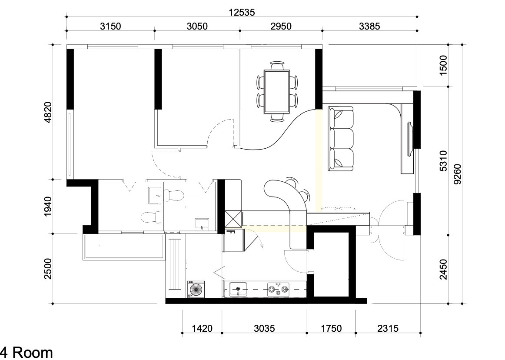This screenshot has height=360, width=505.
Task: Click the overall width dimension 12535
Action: (x=242, y=12)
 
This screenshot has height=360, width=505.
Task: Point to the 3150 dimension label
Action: (x=110, y=26)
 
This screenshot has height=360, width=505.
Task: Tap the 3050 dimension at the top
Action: (x=197, y=26)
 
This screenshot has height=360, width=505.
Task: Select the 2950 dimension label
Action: (x=281, y=26)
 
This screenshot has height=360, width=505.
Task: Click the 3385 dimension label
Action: (x=369, y=26)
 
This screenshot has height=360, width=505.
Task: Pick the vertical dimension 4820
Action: (x=47, y=112)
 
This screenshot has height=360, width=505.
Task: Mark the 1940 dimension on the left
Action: (x=47, y=206)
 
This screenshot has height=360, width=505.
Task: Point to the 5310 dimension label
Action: (x=443, y=161)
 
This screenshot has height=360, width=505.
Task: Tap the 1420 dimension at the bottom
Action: (x=202, y=328)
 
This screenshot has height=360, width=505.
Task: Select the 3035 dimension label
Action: (x=264, y=328)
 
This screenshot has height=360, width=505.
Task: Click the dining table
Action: (x=277, y=91)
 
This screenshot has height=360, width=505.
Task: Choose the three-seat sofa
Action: (x=341, y=139)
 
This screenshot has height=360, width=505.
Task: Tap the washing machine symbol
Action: (x=196, y=290)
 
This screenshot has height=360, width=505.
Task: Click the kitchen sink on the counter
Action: (x=238, y=289)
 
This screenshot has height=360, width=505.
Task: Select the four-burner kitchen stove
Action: (x=278, y=290)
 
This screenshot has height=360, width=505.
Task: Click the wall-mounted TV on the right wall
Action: (x=411, y=139)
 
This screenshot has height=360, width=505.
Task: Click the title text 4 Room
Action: (x=27, y=353)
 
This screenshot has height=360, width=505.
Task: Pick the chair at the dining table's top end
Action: (x=277, y=65)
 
